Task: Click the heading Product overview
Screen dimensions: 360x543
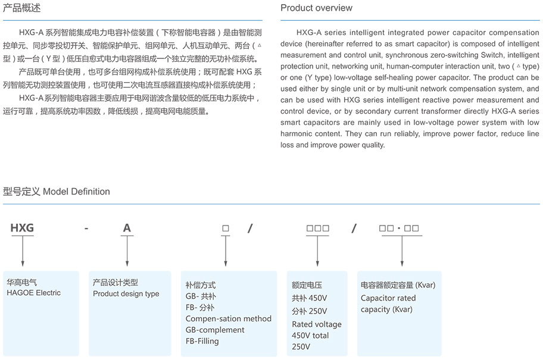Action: (316, 8)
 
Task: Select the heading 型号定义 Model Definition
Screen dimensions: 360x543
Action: (57, 192)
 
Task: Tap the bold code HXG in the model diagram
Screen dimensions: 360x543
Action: (22, 228)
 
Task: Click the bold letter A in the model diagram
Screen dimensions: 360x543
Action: (127, 228)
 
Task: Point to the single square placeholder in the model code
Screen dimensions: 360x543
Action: (225, 228)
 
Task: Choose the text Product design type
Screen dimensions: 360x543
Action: (126, 294)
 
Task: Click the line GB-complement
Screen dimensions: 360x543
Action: (215, 330)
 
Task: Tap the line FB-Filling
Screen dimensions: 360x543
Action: (202, 341)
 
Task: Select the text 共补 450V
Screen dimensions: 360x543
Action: (309, 298)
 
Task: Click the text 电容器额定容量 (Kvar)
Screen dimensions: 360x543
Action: (398, 285)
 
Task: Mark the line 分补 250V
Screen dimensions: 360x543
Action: (309, 311)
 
